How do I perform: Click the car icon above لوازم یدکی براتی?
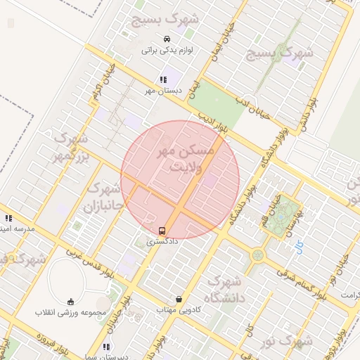coord(166,39)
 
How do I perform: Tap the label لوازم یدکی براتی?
coord(167,50)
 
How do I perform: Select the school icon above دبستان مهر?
coord(163,79)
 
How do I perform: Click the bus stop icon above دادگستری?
coord(162,231)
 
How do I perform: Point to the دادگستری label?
coord(162,241)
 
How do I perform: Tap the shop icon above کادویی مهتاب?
coord(179,299)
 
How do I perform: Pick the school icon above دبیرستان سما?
coord(106,347)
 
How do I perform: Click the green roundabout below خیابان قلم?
coord(258,255)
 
